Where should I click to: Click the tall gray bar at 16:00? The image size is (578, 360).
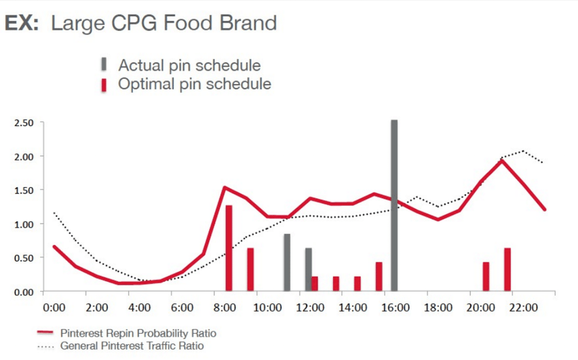click(394, 205)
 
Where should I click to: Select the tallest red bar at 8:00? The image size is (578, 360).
click(229, 248)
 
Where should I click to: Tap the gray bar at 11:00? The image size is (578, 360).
click(287, 262)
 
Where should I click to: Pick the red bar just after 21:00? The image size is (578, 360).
click(507, 270)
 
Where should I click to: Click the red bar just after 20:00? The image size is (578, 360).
click(486, 277)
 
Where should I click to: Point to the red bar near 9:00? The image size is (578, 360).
click(250, 270)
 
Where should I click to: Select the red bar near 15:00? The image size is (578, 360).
click(379, 277)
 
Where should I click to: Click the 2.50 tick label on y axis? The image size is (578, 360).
click(24, 123)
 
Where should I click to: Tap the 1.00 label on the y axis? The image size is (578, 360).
click(24, 224)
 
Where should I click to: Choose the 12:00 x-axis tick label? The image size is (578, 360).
click(311, 307)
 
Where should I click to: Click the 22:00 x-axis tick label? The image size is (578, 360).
click(524, 307)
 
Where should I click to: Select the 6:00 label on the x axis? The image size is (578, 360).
click(182, 307)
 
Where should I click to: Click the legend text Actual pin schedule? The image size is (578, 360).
click(189, 66)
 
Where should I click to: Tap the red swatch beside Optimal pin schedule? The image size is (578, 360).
click(104, 85)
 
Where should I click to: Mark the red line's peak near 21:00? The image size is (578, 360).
click(503, 160)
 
